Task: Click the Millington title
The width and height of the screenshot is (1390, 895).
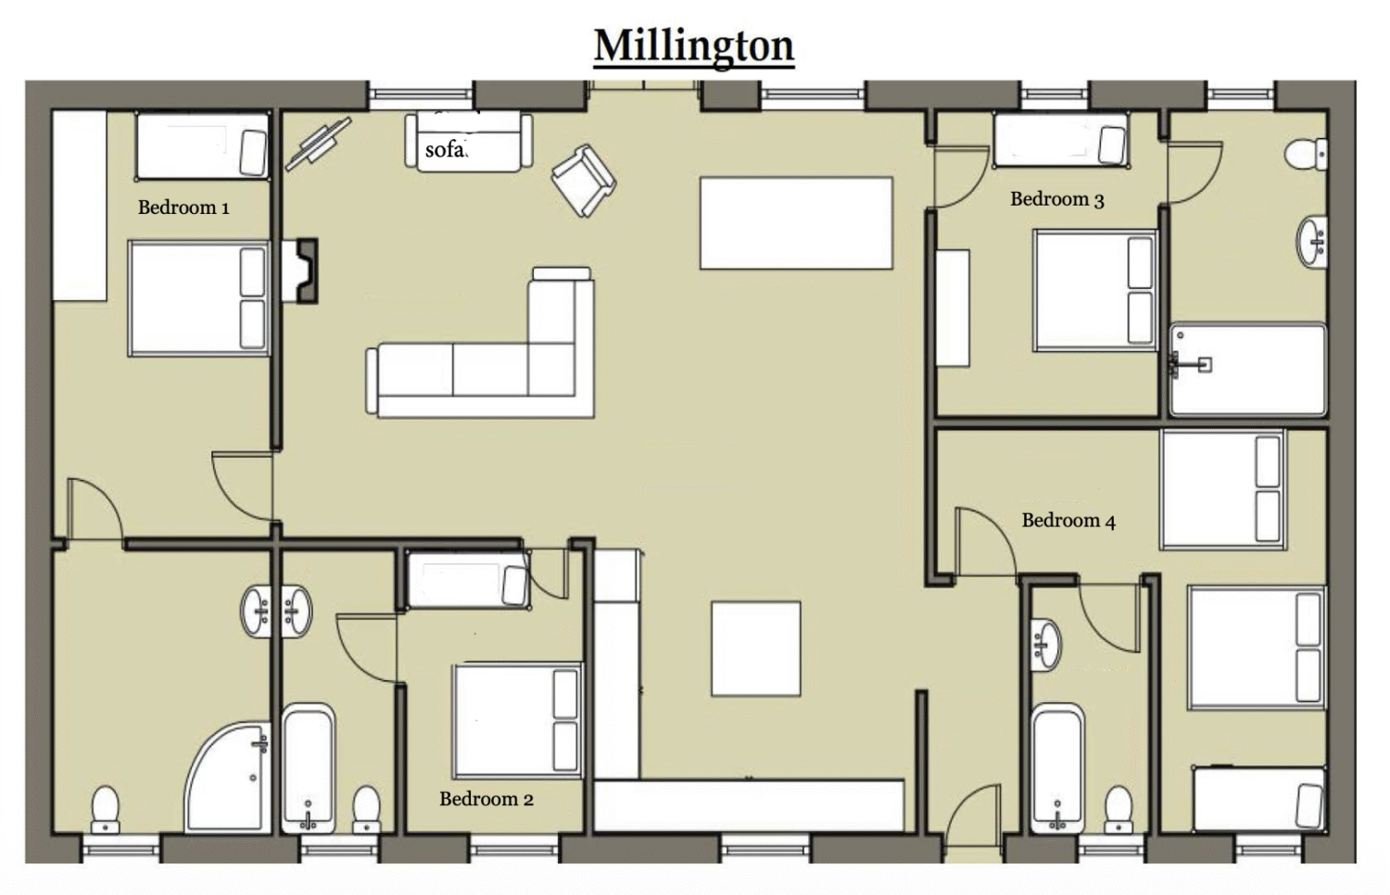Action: pyautogui.click(x=694, y=46)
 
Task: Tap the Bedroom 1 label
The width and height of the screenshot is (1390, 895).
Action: pyautogui.click(x=183, y=208)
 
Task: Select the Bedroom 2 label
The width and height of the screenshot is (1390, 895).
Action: pyautogui.click(x=486, y=799)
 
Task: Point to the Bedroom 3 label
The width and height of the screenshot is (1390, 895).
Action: pyautogui.click(x=1057, y=199)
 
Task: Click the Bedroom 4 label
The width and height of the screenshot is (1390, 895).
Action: pyautogui.click(x=1068, y=521)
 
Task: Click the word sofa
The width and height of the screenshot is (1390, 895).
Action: pyautogui.click(x=446, y=149)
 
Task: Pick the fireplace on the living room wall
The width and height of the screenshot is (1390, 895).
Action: pyautogui.click(x=300, y=271)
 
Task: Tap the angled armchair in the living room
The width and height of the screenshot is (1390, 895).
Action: pyautogui.click(x=583, y=181)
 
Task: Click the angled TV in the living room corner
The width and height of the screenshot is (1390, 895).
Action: pyautogui.click(x=319, y=144)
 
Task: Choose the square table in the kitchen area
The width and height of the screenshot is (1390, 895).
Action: pyautogui.click(x=756, y=649)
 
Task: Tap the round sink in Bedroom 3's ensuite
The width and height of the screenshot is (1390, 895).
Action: pyautogui.click(x=1312, y=242)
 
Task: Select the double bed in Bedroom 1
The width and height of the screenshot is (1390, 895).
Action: pyautogui.click(x=198, y=298)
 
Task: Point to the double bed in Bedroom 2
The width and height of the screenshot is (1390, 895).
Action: pyautogui.click(x=517, y=721)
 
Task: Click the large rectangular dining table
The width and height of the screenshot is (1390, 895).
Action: pyautogui.click(x=796, y=223)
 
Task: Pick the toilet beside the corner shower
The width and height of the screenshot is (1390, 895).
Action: pyautogui.click(x=105, y=810)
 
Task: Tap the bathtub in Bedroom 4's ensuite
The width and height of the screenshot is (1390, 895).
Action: pyautogui.click(x=1058, y=768)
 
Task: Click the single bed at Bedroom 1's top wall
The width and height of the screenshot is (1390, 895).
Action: pyautogui.click(x=202, y=146)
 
